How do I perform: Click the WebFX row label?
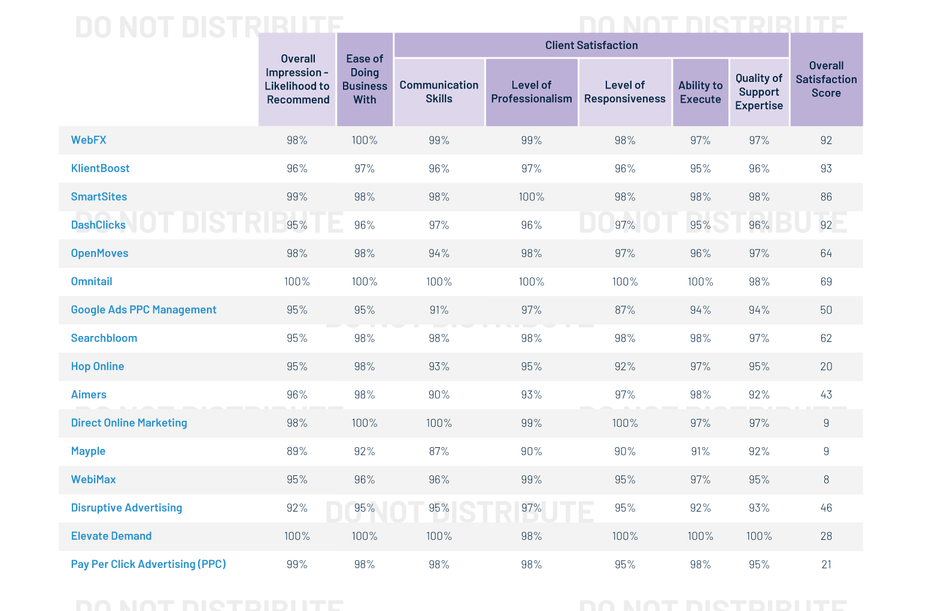click(89, 140)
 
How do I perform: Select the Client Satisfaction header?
click(591, 45)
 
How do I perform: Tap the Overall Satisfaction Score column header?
click(826, 79)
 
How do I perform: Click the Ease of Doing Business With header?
click(365, 79)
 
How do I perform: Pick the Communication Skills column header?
click(439, 92)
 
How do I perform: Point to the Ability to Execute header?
click(700, 92)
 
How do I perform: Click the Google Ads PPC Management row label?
click(144, 310)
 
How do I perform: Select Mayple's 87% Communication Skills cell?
click(439, 451)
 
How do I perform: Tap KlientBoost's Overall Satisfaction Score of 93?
click(826, 169)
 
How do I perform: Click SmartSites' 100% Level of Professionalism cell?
click(531, 197)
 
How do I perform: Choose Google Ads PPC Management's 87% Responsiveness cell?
click(624, 310)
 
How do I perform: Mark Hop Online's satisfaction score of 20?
click(826, 366)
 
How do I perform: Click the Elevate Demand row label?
click(111, 536)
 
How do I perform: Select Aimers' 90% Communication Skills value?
click(439, 395)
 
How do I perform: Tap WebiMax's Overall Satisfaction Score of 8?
click(826, 479)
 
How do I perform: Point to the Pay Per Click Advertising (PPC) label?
click(148, 564)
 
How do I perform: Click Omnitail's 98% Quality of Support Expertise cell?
click(758, 282)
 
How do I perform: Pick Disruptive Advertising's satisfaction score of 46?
click(826, 508)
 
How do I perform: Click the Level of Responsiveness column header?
click(624, 92)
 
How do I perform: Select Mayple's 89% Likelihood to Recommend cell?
click(297, 451)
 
